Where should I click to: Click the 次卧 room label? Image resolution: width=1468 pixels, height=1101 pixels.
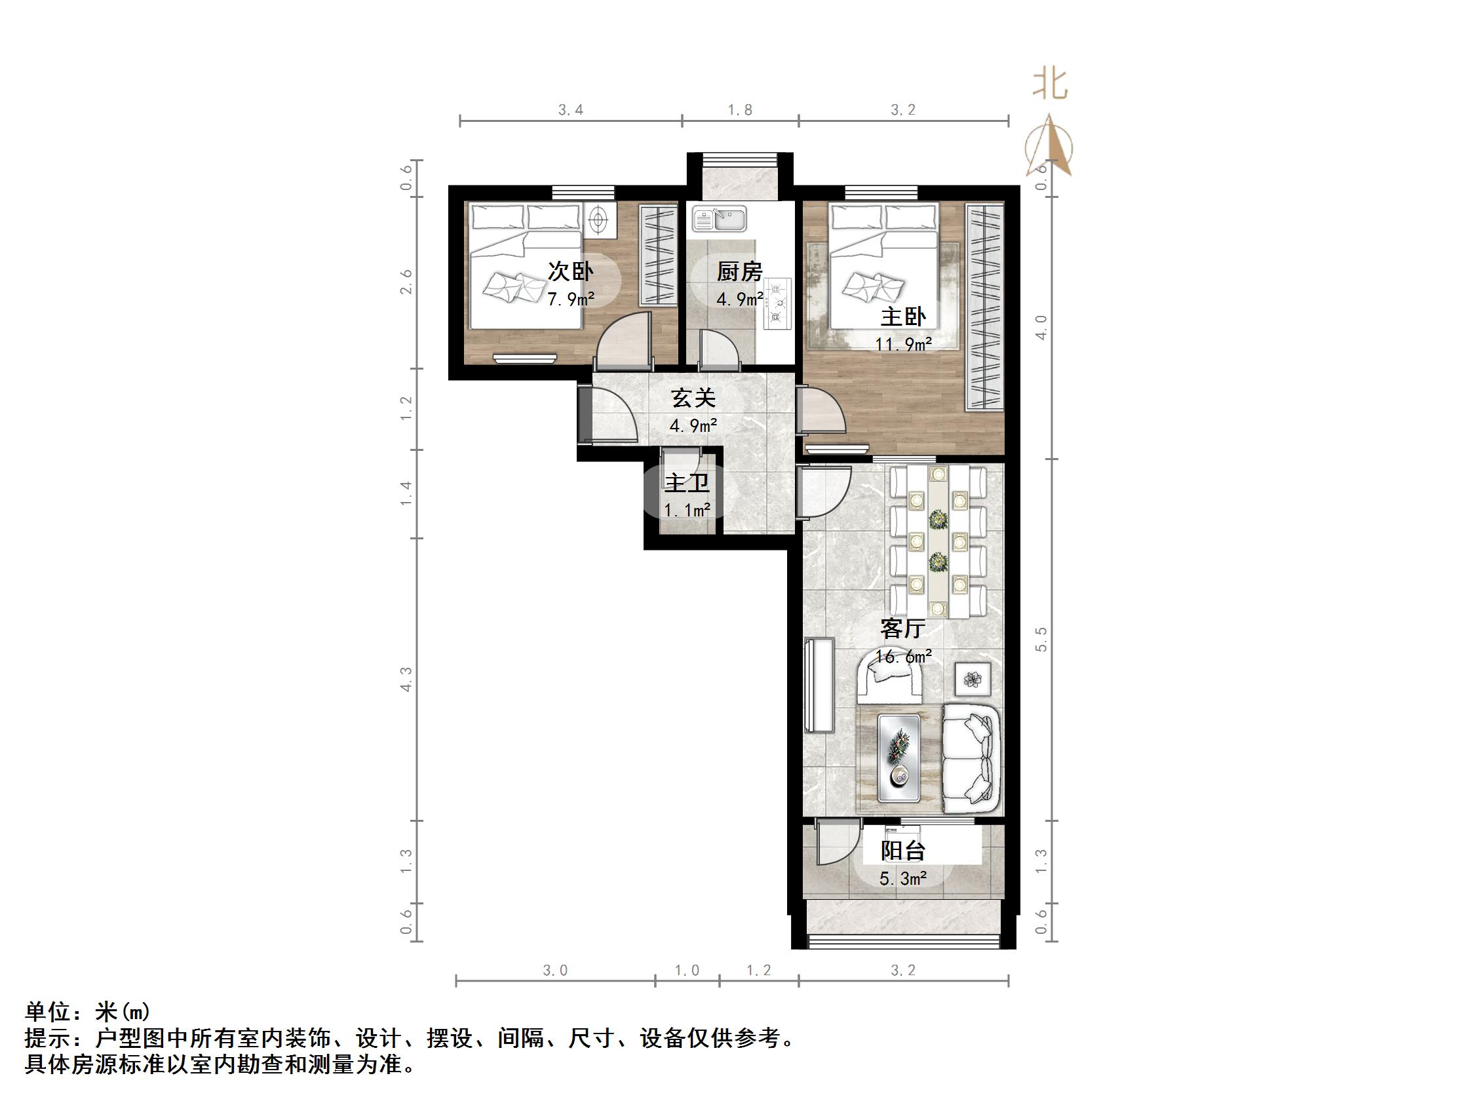click(x=570, y=271)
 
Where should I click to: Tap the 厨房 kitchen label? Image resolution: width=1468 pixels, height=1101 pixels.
click(x=739, y=271)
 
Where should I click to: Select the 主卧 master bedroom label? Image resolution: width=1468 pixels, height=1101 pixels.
click(x=902, y=317)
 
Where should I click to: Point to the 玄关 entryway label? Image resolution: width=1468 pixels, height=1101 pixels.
click(x=693, y=398)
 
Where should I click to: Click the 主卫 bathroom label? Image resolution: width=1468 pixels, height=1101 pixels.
click(x=687, y=482)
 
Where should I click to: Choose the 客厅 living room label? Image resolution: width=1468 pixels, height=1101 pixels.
click(x=902, y=628)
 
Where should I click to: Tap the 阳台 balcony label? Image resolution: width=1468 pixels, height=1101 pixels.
click(x=902, y=851)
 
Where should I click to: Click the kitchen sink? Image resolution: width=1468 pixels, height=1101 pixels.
click(x=720, y=218)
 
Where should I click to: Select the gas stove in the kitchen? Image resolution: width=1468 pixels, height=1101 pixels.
click(x=777, y=304)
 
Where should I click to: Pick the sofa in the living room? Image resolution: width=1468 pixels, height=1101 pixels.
click(x=971, y=758)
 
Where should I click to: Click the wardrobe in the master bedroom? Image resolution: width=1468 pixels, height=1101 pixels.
click(x=984, y=307)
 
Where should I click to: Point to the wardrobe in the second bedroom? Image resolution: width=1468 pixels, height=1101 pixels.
click(x=658, y=255)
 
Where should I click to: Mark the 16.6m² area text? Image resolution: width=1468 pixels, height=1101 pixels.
click(x=902, y=657)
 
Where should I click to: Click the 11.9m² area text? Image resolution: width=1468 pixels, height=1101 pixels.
click(x=902, y=345)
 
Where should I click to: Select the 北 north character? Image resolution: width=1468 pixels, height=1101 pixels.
click(x=1050, y=85)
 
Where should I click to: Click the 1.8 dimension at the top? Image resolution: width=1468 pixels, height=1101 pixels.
click(x=740, y=110)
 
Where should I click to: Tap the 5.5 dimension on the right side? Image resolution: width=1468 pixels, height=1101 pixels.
click(x=1040, y=638)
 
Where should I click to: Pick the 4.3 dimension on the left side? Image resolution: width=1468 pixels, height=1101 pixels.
click(x=406, y=679)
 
